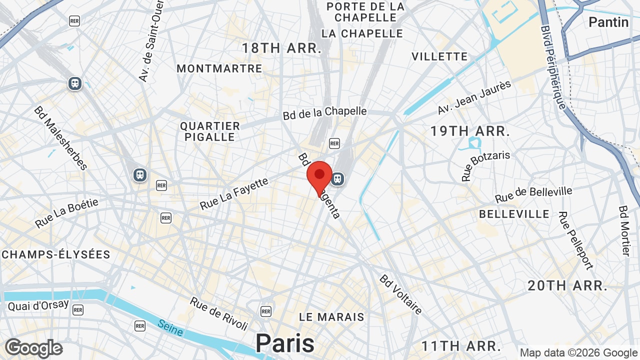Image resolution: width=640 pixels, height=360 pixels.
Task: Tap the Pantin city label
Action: [608, 22]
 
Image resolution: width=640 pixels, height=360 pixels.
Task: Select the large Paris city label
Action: [285, 343]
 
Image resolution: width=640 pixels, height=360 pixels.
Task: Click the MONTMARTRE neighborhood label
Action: [219, 68]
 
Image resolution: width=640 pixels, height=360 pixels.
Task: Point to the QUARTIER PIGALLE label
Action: [210, 131]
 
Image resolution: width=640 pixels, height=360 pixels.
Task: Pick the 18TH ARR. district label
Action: [281, 48]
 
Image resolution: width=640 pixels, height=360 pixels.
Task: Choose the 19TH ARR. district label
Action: [470, 131]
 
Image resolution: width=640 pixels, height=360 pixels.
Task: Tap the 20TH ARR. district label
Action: [567, 286]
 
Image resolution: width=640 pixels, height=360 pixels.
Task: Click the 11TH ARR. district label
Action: [461, 346]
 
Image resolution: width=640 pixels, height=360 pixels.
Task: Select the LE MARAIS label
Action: [331, 317]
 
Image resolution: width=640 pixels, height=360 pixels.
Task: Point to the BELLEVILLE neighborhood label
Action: [514, 214]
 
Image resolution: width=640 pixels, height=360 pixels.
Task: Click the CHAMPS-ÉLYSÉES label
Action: [55, 254]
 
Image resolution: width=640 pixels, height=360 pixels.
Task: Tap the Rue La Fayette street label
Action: [234, 194]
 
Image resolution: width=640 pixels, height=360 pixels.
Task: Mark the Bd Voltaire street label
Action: [401, 294]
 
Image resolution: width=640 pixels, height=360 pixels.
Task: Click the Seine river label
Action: [170, 327]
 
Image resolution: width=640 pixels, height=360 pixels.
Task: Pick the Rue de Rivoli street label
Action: [219, 313]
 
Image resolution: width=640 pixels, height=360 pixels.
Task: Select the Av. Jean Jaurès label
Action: [474, 97]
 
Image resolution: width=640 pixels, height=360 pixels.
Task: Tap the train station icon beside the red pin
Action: [338, 178]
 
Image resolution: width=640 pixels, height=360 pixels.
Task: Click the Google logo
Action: [33, 348]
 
